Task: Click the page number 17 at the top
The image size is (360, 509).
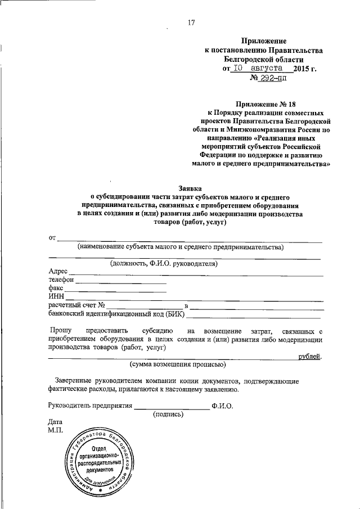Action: [x=191, y=22]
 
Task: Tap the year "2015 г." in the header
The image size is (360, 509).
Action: [x=305, y=69]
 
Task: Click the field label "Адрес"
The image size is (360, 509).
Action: [x=58, y=271]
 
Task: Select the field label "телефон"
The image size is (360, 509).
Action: [x=61, y=280]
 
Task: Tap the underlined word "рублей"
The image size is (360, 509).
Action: [x=310, y=357]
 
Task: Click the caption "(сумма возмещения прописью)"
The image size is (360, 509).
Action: [x=178, y=365]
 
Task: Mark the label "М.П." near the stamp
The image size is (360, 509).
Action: [x=57, y=430]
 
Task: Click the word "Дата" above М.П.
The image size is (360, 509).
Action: [x=57, y=422]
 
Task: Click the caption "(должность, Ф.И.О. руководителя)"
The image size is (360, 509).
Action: [x=164, y=263]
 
